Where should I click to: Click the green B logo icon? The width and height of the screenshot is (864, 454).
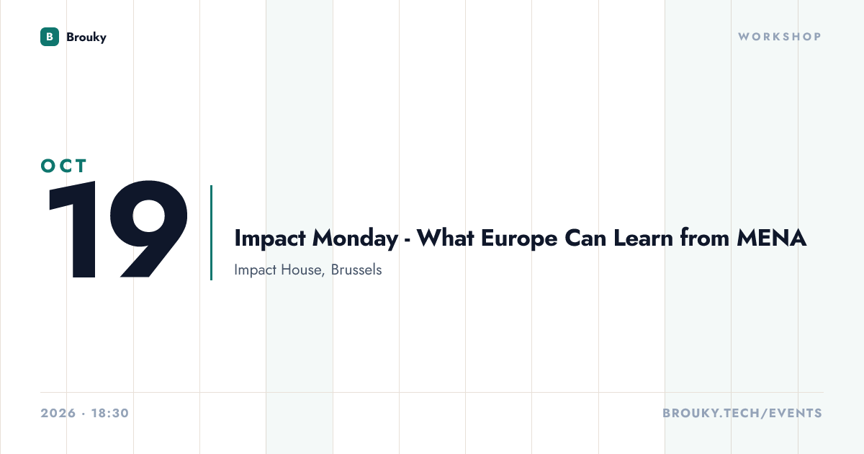tap(50, 37)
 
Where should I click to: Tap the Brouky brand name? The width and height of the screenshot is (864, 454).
tap(86, 37)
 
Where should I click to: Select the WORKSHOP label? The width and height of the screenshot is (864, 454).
tap(780, 37)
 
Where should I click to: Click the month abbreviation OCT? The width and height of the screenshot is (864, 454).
tap(63, 166)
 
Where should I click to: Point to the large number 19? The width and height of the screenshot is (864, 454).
tap(118, 229)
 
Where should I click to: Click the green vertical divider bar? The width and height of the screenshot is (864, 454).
tap(212, 233)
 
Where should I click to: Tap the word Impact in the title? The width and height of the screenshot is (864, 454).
tap(270, 239)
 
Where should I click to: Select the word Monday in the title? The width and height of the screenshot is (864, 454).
tap(355, 239)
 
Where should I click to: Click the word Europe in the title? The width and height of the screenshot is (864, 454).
tap(519, 239)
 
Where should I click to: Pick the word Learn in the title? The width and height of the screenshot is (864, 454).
tap(644, 238)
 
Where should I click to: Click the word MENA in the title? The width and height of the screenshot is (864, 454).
tap(771, 238)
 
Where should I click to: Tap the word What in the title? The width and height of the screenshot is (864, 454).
tap(446, 238)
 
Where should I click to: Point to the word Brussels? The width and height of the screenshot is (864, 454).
tap(356, 270)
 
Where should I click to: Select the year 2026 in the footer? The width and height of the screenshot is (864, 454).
tap(58, 413)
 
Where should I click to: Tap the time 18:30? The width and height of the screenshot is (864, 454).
tap(110, 413)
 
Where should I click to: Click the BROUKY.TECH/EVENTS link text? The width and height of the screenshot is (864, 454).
tap(742, 413)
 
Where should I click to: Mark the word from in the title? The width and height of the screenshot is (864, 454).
tap(705, 238)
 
